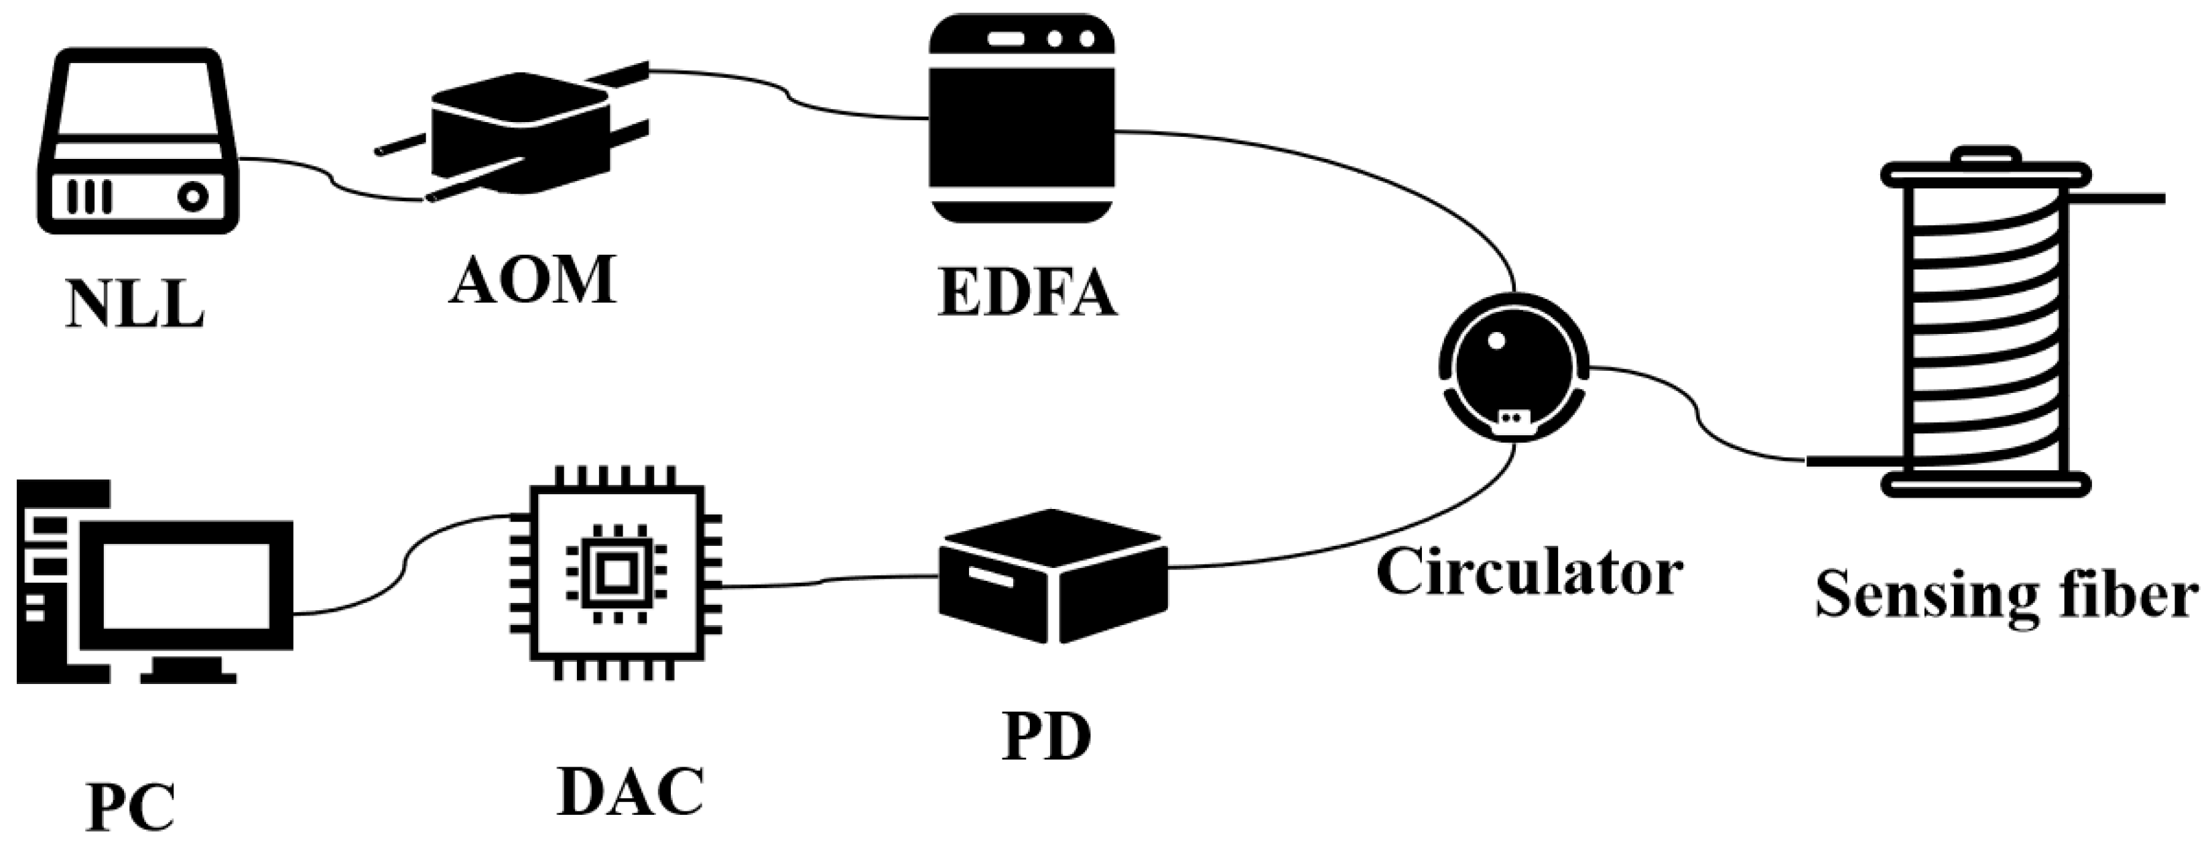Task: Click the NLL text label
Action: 135,303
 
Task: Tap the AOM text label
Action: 532,280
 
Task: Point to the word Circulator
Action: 1528,573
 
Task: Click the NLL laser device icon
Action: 137,142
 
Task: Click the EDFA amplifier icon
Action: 1022,119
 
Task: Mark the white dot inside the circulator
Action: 1496,340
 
